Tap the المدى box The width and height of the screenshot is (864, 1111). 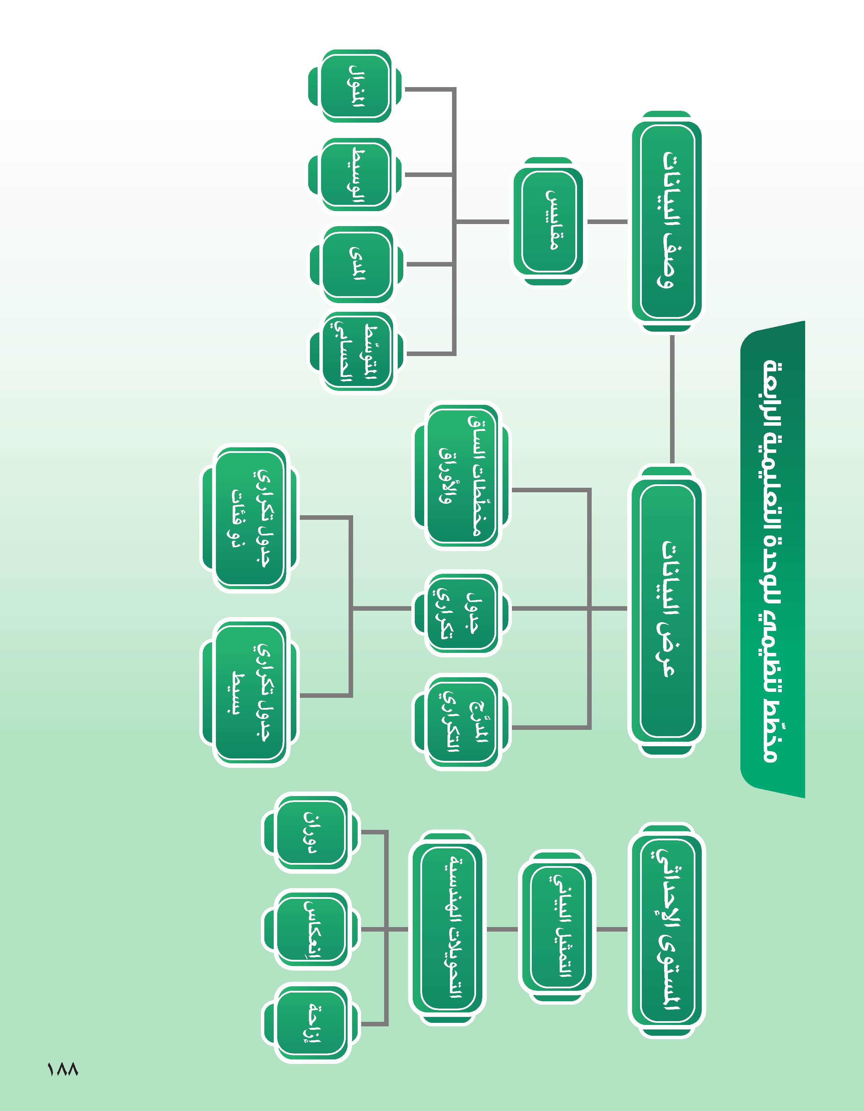(x=357, y=264)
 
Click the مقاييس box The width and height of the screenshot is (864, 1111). (x=548, y=221)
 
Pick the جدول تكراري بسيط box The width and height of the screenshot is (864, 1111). (x=249, y=693)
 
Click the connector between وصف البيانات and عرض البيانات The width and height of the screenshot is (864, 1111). (x=672, y=399)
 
